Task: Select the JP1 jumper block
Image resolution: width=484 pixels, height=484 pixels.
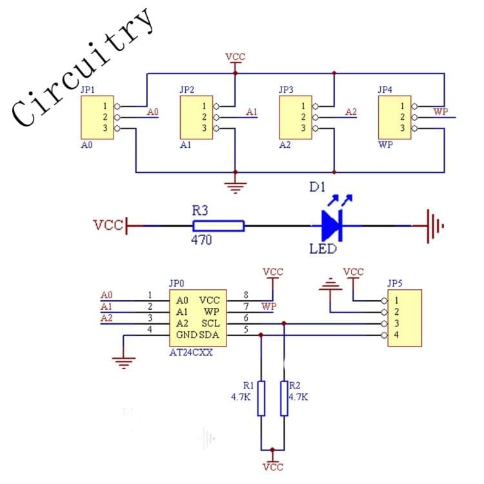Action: (x=96, y=117)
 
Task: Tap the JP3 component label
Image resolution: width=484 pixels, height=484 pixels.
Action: (x=286, y=90)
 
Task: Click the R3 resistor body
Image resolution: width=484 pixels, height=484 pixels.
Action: (x=218, y=225)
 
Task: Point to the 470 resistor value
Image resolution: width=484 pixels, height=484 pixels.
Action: (x=202, y=240)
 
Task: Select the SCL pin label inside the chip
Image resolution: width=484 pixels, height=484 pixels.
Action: (x=210, y=323)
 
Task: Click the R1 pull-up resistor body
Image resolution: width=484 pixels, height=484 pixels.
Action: (x=261, y=398)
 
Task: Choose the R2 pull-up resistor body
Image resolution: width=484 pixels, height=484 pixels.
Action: (x=283, y=398)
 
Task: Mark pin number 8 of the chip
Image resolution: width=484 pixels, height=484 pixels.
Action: (x=246, y=295)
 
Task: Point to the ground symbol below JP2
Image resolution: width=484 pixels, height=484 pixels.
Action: (x=235, y=188)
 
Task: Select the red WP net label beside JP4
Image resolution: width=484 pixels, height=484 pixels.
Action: (x=441, y=112)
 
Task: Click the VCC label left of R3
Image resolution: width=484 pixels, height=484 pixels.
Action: (x=107, y=225)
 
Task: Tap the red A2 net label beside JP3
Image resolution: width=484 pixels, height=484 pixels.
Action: (x=350, y=112)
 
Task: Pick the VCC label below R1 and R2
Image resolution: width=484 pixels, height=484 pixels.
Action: (x=273, y=467)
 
